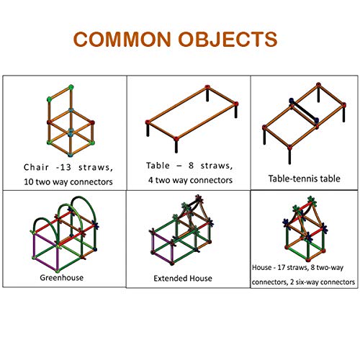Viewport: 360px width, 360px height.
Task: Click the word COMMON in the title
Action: (x=122, y=39)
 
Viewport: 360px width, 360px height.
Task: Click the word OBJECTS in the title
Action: (x=228, y=39)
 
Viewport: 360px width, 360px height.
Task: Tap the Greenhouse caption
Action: (x=62, y=278)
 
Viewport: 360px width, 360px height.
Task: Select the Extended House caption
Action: (x=183, y=279)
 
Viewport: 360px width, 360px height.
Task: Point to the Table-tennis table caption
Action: (x=304, y=179)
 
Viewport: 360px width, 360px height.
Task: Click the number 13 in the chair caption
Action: (x=66, y=167)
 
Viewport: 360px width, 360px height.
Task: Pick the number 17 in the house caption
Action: (x=281, y=267)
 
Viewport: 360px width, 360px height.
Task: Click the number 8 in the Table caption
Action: (x=191, y=166)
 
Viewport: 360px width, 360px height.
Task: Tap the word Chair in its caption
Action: (x=36, y=167)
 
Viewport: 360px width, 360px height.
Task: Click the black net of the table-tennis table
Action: (x=304, y=110)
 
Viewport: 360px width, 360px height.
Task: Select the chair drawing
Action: (x=71, y=121)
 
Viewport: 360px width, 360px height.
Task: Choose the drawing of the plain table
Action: (x=192, y=119)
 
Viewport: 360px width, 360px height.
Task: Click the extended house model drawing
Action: (x=181, y=230)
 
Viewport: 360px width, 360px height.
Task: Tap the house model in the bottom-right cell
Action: (x=305, y=229)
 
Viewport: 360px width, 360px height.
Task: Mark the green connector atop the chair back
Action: (x=71, y=87)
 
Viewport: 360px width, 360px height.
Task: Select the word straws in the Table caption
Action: (x=217, y=166)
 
